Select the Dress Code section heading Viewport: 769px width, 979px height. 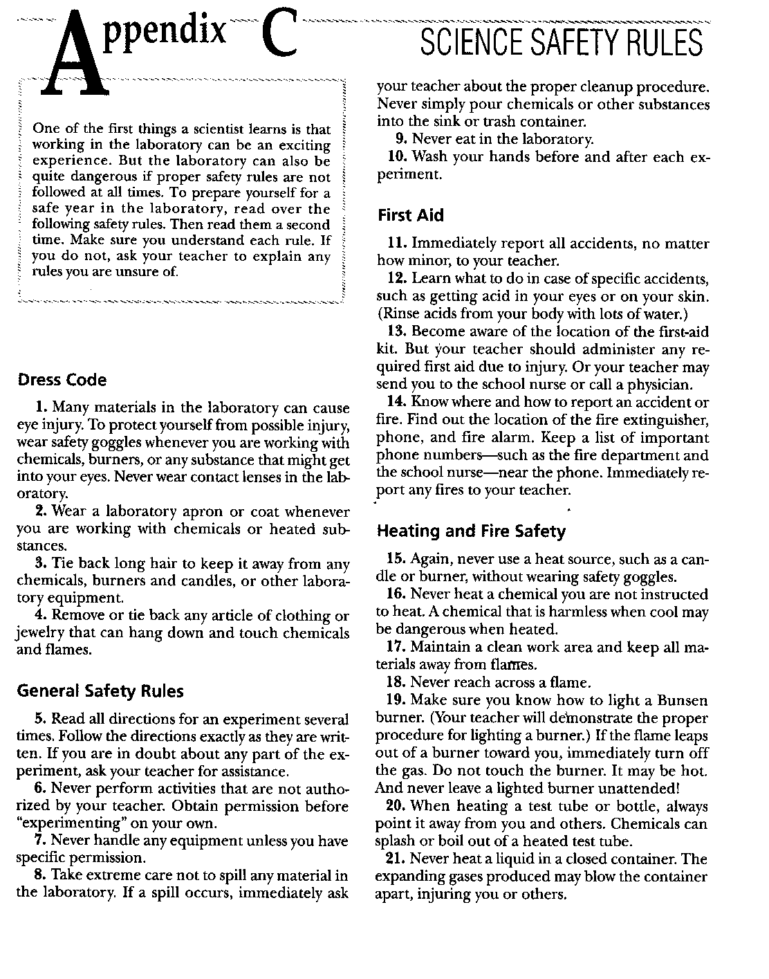point(62,380)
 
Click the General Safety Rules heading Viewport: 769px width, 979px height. point(100,690)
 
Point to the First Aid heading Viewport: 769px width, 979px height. point(410,215)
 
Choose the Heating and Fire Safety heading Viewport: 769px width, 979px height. point(470,531)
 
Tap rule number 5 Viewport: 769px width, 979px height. point(39,719)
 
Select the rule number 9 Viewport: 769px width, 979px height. point(400,139)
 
